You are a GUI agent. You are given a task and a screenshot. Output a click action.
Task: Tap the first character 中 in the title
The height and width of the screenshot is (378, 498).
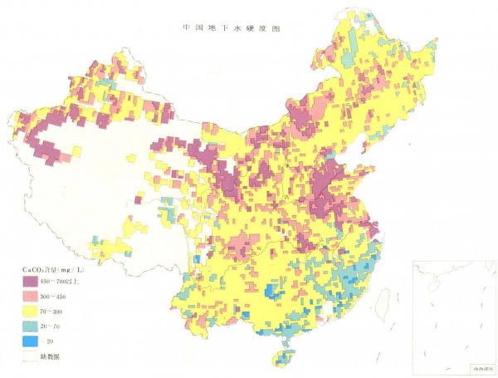click(x=187, y=27)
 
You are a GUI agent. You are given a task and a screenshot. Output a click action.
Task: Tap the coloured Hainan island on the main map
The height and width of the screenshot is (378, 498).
click(x=285, y=359)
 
